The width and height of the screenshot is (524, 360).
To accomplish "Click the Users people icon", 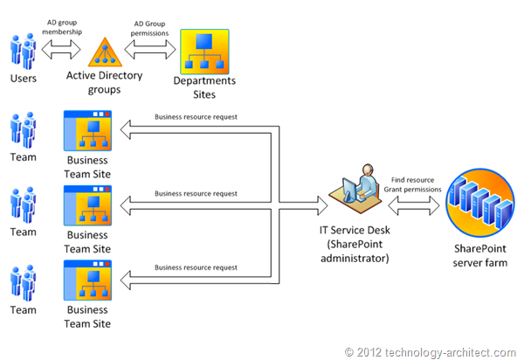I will pyautogui.click(x=24, y=52).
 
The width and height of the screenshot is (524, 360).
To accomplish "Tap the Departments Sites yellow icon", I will pyautogui.click(x=204, y=52).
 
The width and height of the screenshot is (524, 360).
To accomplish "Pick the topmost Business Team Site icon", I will pyautogui.click(x=88, y=131).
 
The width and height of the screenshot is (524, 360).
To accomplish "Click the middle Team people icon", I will pyautogui.click(x=24, y=206).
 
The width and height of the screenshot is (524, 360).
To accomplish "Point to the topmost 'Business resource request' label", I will pyautogui.click(x=196, y=116).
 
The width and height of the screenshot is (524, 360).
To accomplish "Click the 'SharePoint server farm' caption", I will pyautogui.click(x=479, y=256).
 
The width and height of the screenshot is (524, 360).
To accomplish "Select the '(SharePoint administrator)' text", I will pyautogui.click(x=358, y=254).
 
